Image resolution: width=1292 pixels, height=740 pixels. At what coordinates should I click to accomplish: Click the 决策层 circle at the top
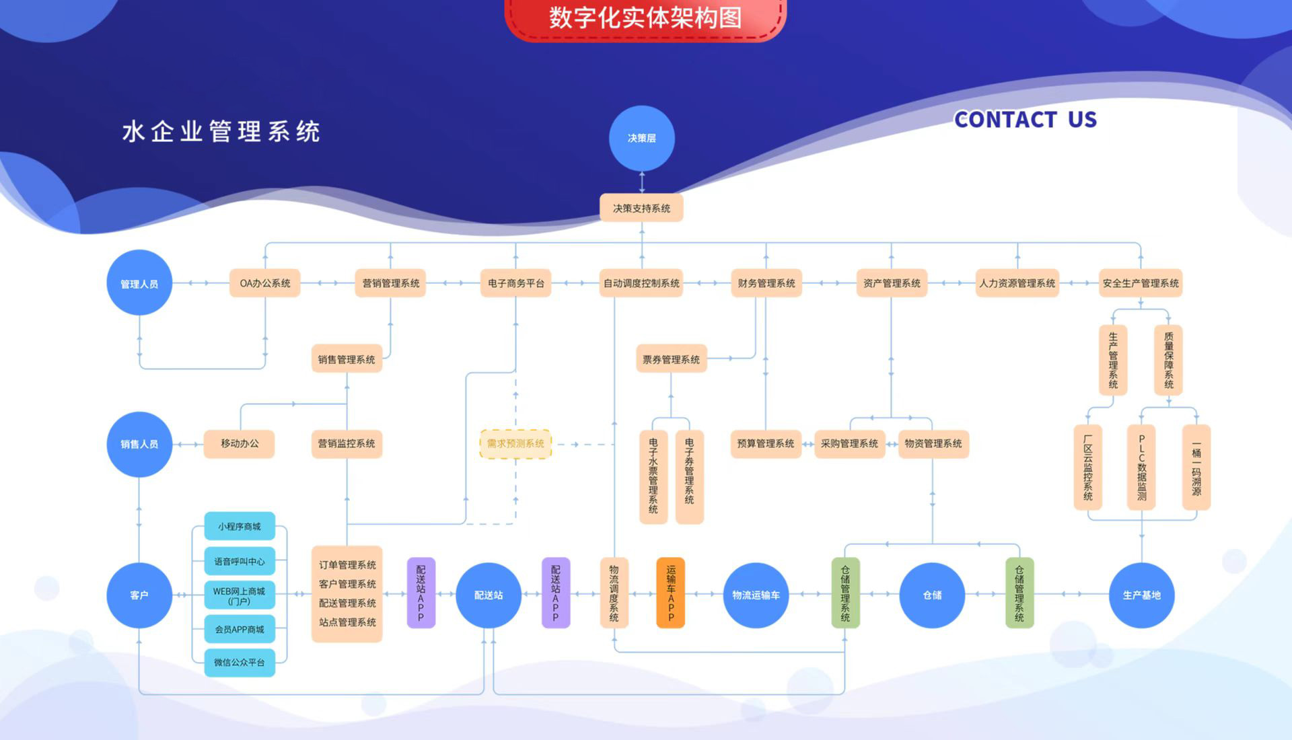click(641, 138)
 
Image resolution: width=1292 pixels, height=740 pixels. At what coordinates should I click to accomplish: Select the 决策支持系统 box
click(641, 209)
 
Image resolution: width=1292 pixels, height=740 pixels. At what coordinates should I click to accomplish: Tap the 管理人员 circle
click(139, 283)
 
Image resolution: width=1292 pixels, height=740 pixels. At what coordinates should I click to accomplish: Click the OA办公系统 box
click(265, 283)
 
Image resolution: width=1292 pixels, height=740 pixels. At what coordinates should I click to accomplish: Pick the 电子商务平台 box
click(516, 283)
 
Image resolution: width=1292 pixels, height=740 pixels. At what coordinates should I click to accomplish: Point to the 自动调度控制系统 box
click(641, 283)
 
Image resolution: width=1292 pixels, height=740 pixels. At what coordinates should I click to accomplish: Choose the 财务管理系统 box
click(766, 283)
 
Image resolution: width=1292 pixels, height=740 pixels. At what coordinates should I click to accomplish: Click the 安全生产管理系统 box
click(1141, 283)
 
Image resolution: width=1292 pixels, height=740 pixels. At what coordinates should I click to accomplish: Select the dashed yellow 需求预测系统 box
click(515, 444)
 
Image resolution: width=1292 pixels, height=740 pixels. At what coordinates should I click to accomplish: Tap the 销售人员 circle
click(139, 444)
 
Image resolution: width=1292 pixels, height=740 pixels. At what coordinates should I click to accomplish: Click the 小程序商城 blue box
click(240, 526)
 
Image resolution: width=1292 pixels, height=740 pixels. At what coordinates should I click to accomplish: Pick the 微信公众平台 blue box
click(240, 663)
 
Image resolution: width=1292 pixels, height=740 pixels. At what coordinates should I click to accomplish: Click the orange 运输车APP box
click(671, 593)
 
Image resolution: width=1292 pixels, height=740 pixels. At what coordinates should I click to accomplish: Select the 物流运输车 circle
click(756, 595)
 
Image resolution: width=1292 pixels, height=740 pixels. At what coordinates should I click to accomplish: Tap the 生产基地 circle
click(1141, 595)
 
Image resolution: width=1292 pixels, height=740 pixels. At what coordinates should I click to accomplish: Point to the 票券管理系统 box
click(671, 359)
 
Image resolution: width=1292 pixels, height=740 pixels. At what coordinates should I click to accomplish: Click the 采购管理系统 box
click(849, 444)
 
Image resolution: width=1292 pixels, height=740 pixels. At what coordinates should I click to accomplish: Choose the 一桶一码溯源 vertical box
click(1196, 468)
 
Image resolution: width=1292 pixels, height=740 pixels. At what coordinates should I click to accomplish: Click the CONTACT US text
click(1025, 120)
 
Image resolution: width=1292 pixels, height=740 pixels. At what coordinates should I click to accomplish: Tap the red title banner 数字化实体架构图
click(645, 18)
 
